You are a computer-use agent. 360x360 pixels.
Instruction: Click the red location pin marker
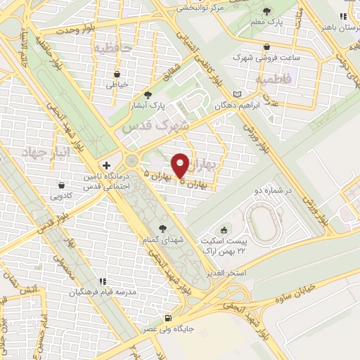pos(181,165)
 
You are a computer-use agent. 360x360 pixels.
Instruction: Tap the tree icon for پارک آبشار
pos(147,95)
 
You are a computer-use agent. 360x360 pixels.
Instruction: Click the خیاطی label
pos(117,84)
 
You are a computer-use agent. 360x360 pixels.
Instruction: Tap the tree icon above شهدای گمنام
pos(163,228)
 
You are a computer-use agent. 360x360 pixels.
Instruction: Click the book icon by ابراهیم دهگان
pos(237,94)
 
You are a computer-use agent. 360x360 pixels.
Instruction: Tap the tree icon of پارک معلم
pos(268,12)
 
